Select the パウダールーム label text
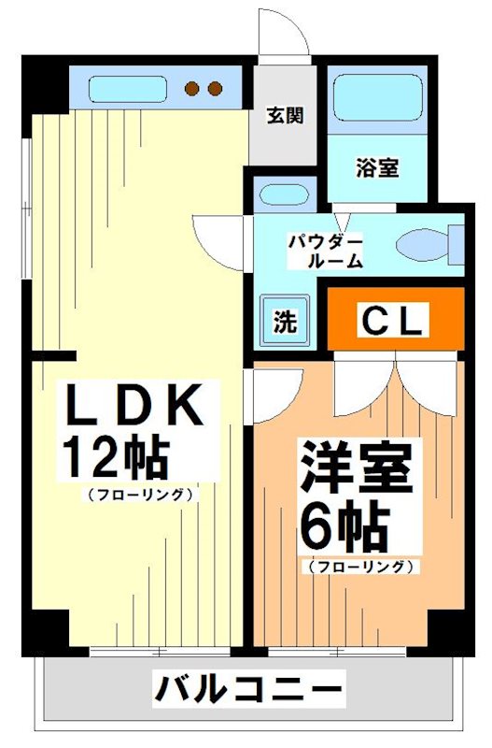[x=324, y=252]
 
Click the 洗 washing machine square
[x=284, y=321]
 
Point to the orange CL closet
[x=395, y=321]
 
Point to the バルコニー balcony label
[x=248, y=692]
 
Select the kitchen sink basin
[x=128, y=90]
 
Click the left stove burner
[x=194, y=90]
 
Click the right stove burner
[x=215, y=90]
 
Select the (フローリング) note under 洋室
[x=358, y=566]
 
